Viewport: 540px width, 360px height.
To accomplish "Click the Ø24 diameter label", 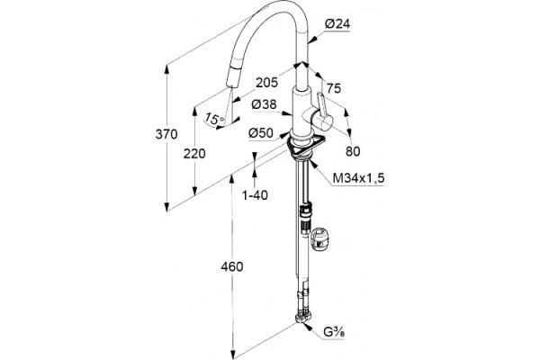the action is pos(337,23).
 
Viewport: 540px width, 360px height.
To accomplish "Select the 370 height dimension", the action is pos(166,134).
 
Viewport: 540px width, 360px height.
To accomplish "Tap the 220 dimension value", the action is pos(194,154).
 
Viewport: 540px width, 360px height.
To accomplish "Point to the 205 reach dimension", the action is pos(266,82).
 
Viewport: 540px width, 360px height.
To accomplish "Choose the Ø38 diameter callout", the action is pos(264,104).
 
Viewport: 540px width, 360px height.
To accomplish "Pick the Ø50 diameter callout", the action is pos(261,132).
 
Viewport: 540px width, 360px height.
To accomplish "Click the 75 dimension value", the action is pos(334,88).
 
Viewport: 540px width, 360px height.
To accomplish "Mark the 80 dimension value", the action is pos(353,151).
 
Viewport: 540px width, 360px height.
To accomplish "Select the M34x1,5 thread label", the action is pos(358,178).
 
